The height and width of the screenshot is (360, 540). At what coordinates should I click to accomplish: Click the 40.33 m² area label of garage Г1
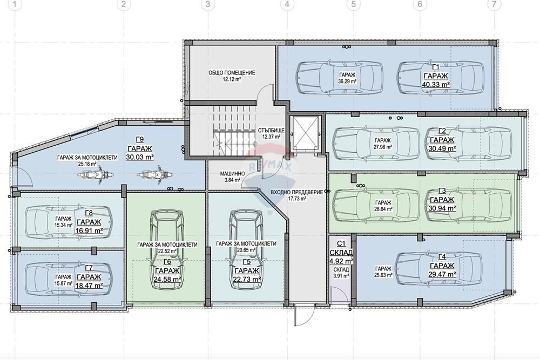pyautogui.click(x=436, y=84)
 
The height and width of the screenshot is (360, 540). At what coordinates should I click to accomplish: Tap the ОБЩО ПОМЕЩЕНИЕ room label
pyautogui.click(x=232, y=73)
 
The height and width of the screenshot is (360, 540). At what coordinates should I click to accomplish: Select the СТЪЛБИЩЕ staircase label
pyautogui.click(x=271, y=131)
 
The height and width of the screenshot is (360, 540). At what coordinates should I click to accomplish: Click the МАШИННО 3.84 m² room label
pyautogui.click(x=232, y=176)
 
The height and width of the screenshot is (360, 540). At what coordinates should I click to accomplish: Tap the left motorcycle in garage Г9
pyautogui.click(x=93, y=174)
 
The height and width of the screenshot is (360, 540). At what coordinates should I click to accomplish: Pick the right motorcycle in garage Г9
pyautogui.click(x=152, y=174)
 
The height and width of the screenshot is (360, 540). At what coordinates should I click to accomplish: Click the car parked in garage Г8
pyautogui.click(x=69, y=222)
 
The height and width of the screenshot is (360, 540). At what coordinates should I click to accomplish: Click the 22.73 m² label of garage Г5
pyautogui.click(x=247, y=280)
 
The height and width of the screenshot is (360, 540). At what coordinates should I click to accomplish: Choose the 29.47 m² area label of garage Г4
pyautogui.click(x=442, y=274)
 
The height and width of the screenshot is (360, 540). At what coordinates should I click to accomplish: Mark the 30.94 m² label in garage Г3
pyautogui.click(x=442, y=208)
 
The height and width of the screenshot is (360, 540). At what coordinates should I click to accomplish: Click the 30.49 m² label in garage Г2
pyautogui.click(x=442, y=148)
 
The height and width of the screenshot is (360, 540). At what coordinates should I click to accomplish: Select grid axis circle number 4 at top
pyautogui.click(x=287, y=4)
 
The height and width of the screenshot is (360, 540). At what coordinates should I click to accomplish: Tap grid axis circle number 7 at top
pyautogui.click(x=494, y=4)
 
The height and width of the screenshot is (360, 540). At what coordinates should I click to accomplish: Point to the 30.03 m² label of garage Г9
pyautogui.click(x=140, y=157)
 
